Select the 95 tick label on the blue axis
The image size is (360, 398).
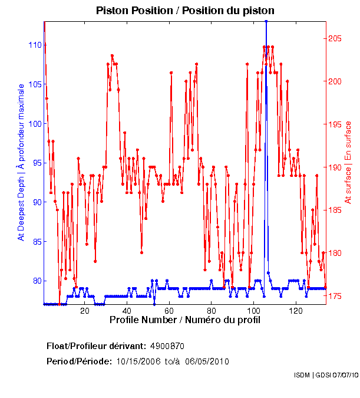coord(36,163)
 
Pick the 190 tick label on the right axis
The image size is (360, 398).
coord(335,167)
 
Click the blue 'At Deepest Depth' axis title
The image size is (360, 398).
coord(21,177)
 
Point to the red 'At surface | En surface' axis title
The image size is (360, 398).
coord(348,162)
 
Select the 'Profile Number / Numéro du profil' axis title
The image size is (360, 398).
coord(184,320)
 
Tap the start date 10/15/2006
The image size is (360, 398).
coord(137,361)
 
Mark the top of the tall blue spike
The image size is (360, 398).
coord(266,21)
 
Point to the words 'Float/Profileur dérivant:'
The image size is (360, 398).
coord(97,345)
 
